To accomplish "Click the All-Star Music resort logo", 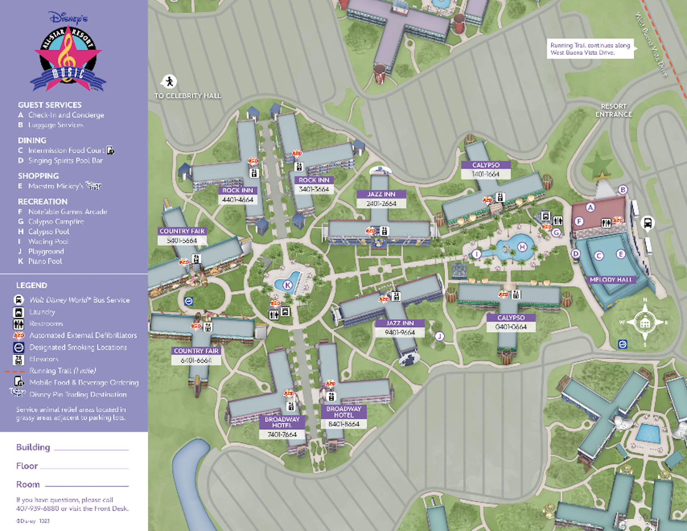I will [x=68, y=56].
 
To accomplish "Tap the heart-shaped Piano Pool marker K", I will [x=287, y=285].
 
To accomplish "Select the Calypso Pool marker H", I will [x=522, y=247].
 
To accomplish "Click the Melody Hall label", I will [x=611, y=279].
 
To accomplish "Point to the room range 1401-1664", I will [x=486, y=174].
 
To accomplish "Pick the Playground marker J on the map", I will [x=439, y=336].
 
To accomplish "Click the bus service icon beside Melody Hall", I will [x=647, y=223].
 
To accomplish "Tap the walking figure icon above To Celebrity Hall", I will [x=169, y=81].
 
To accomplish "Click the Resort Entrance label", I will [x=614, y=110].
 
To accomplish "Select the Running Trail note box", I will [x=590, y=49].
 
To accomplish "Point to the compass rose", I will [x=644, y=322].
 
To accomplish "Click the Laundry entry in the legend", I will [x=42, y=312].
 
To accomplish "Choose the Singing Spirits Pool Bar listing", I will [x=65, y=161].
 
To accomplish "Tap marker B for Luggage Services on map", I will [x=623, y=189].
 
